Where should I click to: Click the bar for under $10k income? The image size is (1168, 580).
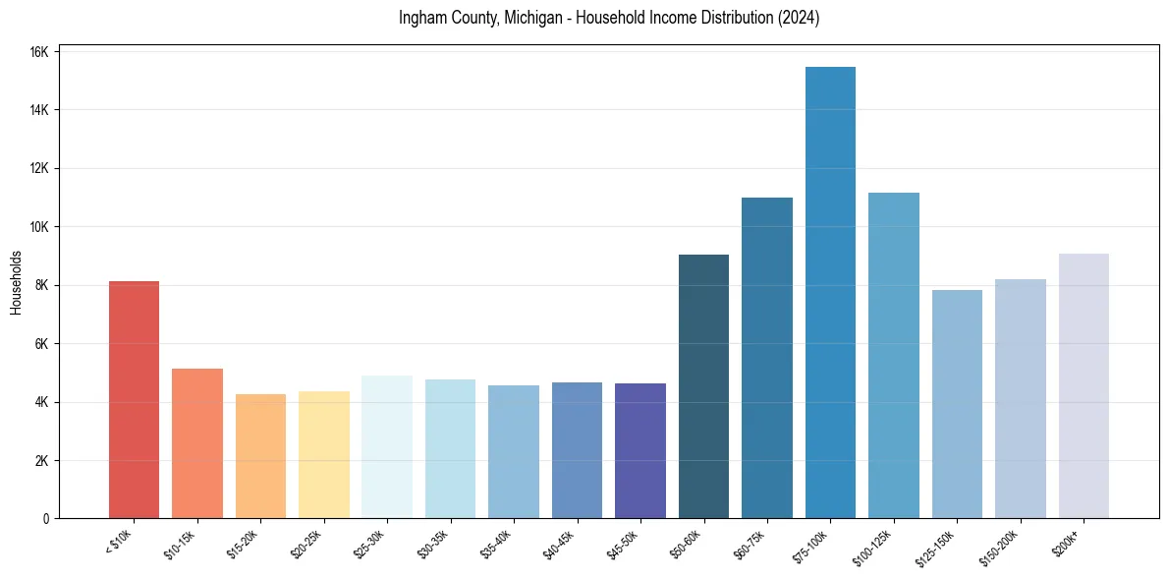click(x=134, y=400)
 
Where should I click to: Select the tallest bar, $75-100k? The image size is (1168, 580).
click(x=830, y=293)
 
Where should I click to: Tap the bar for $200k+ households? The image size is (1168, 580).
click(x=1084, y=386)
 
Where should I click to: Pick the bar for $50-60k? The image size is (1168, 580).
click(x=703, y=386)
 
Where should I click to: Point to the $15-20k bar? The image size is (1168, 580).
click(x=260, y=456)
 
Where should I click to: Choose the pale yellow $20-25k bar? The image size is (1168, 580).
click(x=324, y=454)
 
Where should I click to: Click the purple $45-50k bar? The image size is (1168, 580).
click(x=640, y=451)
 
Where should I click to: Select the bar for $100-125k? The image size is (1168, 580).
click(x=894, y=356)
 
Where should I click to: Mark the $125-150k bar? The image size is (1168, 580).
click(x=957, y=404)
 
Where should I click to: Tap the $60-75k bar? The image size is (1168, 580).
click(x=767, y=358)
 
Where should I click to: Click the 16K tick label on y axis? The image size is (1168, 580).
click(x=39, y=52)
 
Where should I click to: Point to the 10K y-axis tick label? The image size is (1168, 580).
click(x=39, y=227)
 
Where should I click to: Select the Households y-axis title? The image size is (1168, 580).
click(x=16, y=282)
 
